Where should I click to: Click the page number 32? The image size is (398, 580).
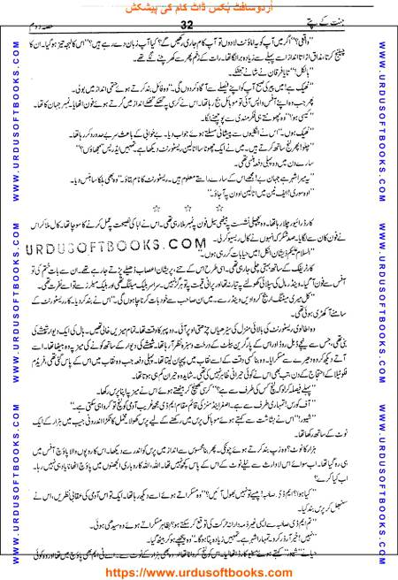[x=200, y=27]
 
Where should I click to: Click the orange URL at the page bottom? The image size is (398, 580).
[x=199, y=570]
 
